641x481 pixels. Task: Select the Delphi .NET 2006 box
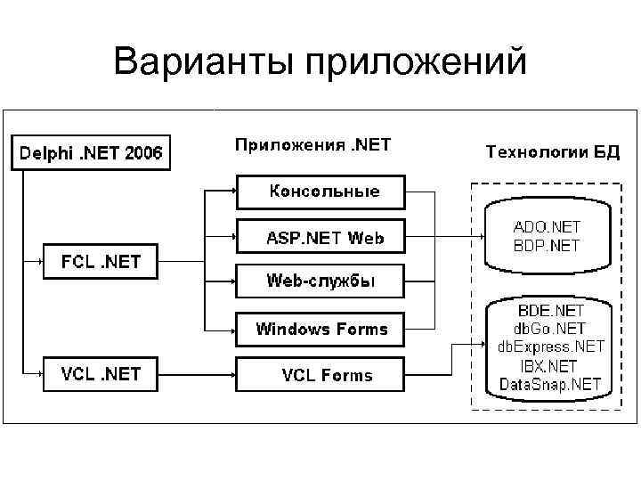point(91,152)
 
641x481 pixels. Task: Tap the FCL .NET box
point(99,263)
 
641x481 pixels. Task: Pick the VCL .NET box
point(99,374)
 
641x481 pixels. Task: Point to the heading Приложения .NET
point(312,143)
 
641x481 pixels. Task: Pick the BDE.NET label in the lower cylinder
point(550,311)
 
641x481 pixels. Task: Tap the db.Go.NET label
point(550,329)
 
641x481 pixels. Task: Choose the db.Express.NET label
point(550,347)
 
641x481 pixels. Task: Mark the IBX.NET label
point(550,366)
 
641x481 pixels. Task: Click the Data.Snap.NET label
point(550,385)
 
